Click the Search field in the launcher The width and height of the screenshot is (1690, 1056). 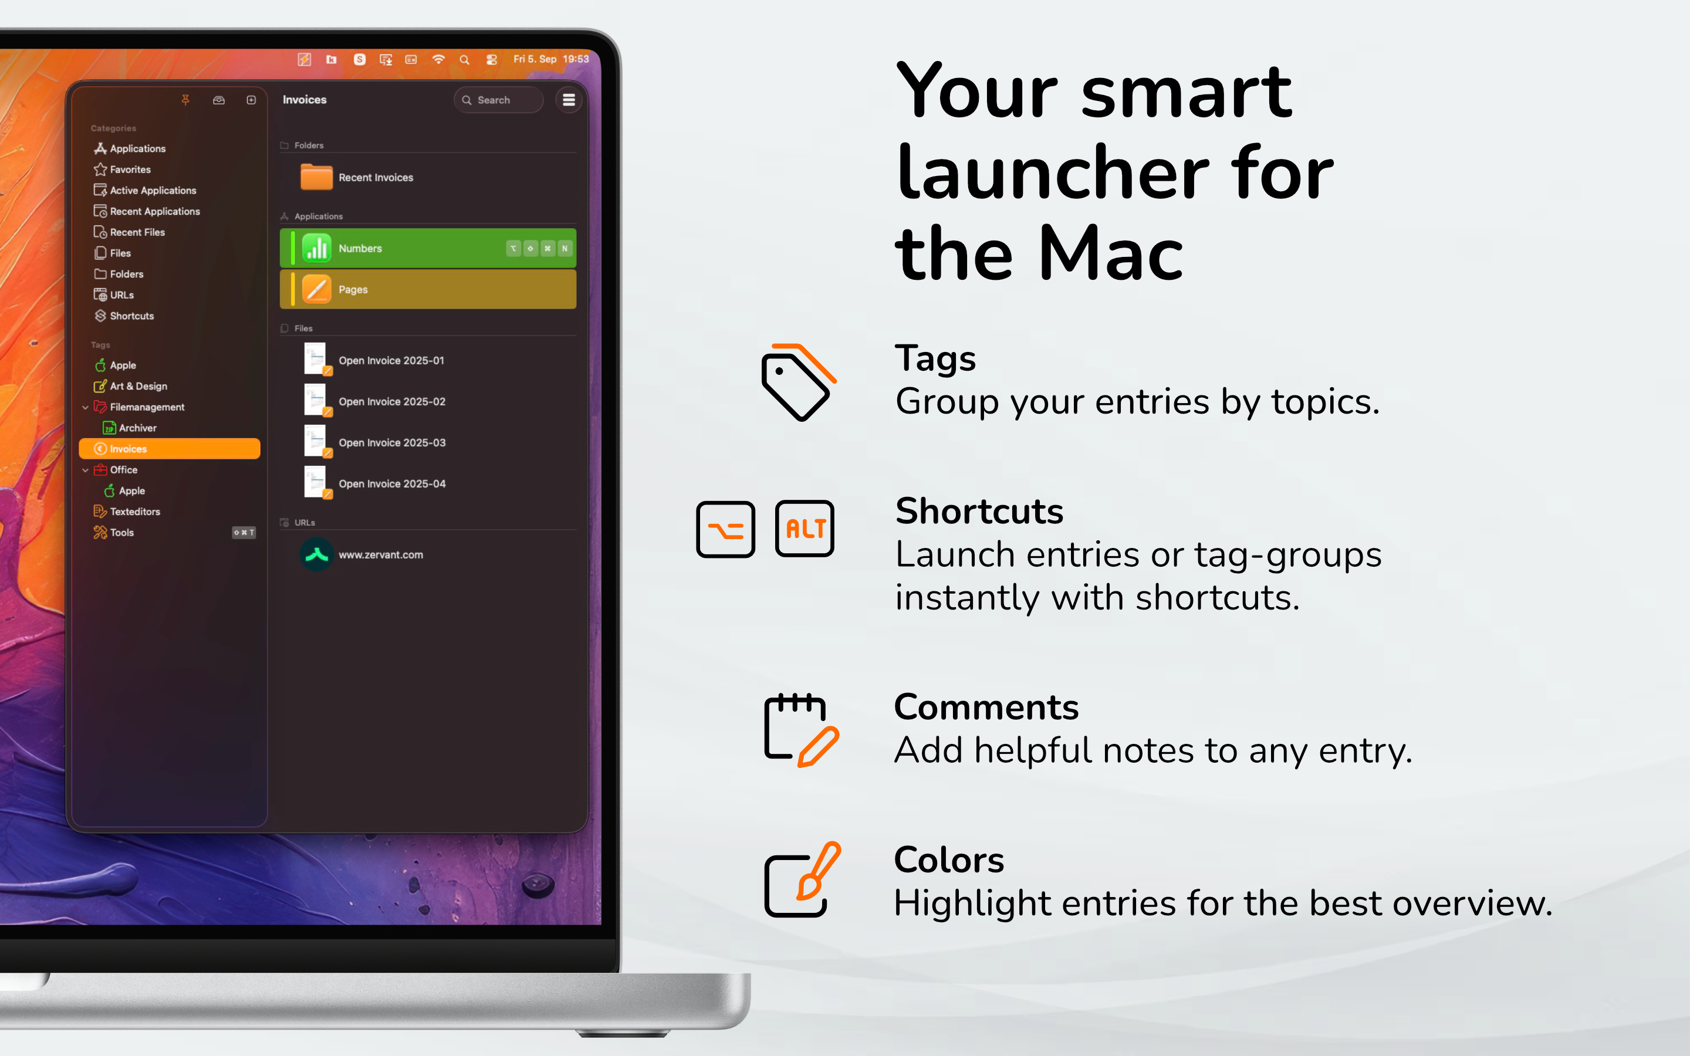point(498,100)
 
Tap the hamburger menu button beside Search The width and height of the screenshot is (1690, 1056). point(569,100)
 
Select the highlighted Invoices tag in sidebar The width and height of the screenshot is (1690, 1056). point(170,449)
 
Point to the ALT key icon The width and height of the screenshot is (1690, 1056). point(805,529)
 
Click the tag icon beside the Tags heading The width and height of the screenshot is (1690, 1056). point(798,382)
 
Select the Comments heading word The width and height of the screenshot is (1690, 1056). point(986,707)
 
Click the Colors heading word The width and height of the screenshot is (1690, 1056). point(949,859)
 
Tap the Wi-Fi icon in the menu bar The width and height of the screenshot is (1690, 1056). point(438,59)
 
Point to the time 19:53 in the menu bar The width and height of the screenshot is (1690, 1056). point(576,59)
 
